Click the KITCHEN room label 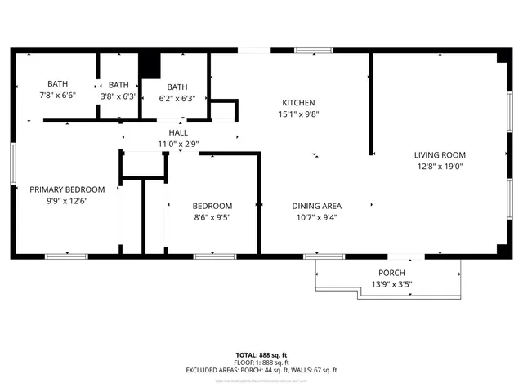(298, 102)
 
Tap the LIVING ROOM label (439, 154)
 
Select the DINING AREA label (316, 206)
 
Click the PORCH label (391, 273)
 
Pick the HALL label (177, 132)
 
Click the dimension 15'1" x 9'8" (298, 114)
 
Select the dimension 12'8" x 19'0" (439, 167)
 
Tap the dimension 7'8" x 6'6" (57, 96)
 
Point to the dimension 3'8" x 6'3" (118, 96)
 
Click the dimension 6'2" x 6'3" (177, 99)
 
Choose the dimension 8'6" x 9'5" (212, 218)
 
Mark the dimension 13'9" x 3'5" (391, 285)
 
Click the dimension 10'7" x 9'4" (316, 218)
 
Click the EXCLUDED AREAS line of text (261, 370)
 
